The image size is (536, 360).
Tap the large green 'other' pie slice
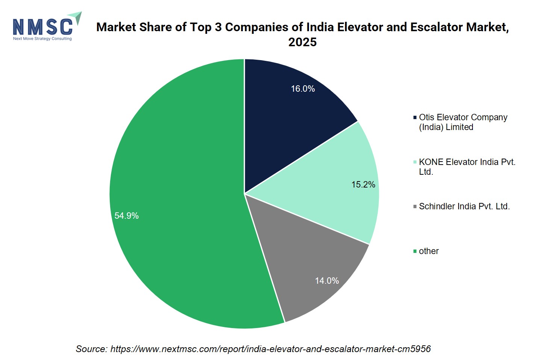(x=182, y=196)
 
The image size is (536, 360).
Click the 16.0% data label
(x=303, y=89)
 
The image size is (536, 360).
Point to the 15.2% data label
(x=363, y=185)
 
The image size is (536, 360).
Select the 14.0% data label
(x=327, y=281)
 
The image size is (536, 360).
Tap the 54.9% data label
(x=127, y=216)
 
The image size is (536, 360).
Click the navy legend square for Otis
(x=415, y=118)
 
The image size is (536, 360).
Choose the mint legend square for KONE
(x=415, y=162)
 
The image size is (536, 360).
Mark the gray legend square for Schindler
(x=415, y=206)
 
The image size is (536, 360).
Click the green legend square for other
(x=415, y=251)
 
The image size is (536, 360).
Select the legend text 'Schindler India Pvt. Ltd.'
(x=465, y=206)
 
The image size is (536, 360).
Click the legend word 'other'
(x=429, y=251)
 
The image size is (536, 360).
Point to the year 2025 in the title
(x=303, y=42)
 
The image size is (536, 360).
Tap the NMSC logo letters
(x=42, y=27)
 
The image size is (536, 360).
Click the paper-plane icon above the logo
(x=76, y=17)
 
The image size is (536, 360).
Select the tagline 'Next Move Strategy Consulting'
(x=42, y=39)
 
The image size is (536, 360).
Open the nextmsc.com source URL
(x=270, y=349)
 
